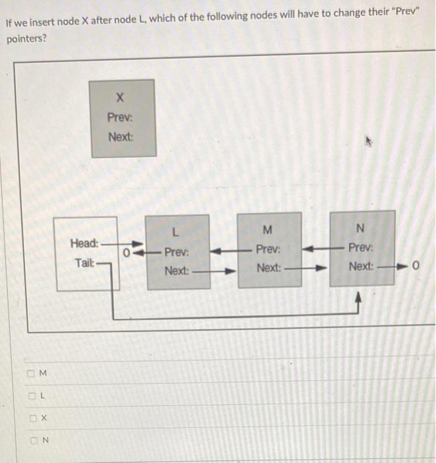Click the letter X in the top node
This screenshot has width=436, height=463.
click(x=120, y=98)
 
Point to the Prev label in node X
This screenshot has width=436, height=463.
click(x=120, y=118)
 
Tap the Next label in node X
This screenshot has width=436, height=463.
click(x=121, y=137)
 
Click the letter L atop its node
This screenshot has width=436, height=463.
click(x=175, y=232)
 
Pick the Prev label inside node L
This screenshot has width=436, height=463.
click(x=176, y=252)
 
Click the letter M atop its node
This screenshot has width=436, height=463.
click(x=268, y=230)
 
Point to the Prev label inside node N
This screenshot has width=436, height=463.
click(x=361, y=249)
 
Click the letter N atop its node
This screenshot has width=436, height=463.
click(x=360, y=229)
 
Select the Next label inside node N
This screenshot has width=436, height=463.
click(x=361, y=267)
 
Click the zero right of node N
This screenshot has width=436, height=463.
click(x=415, y=267)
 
